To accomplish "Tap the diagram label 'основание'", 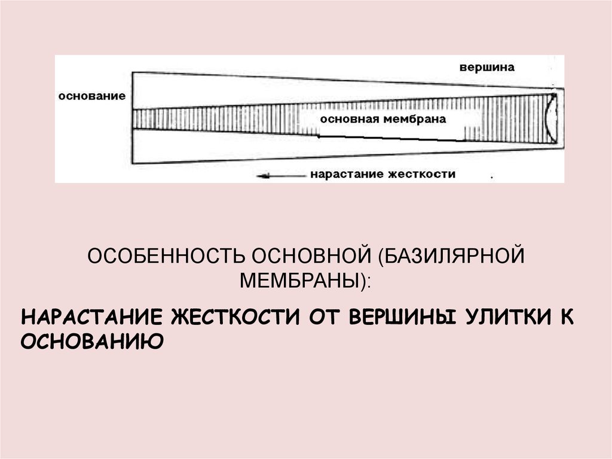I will [x=92, y=96].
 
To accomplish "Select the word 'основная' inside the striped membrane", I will [x=346, y=119].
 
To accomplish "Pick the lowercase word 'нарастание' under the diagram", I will [x=347, y=175].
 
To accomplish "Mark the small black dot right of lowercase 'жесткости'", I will [x=491, y=178].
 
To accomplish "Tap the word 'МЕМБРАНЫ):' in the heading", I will [x=305, y=279].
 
